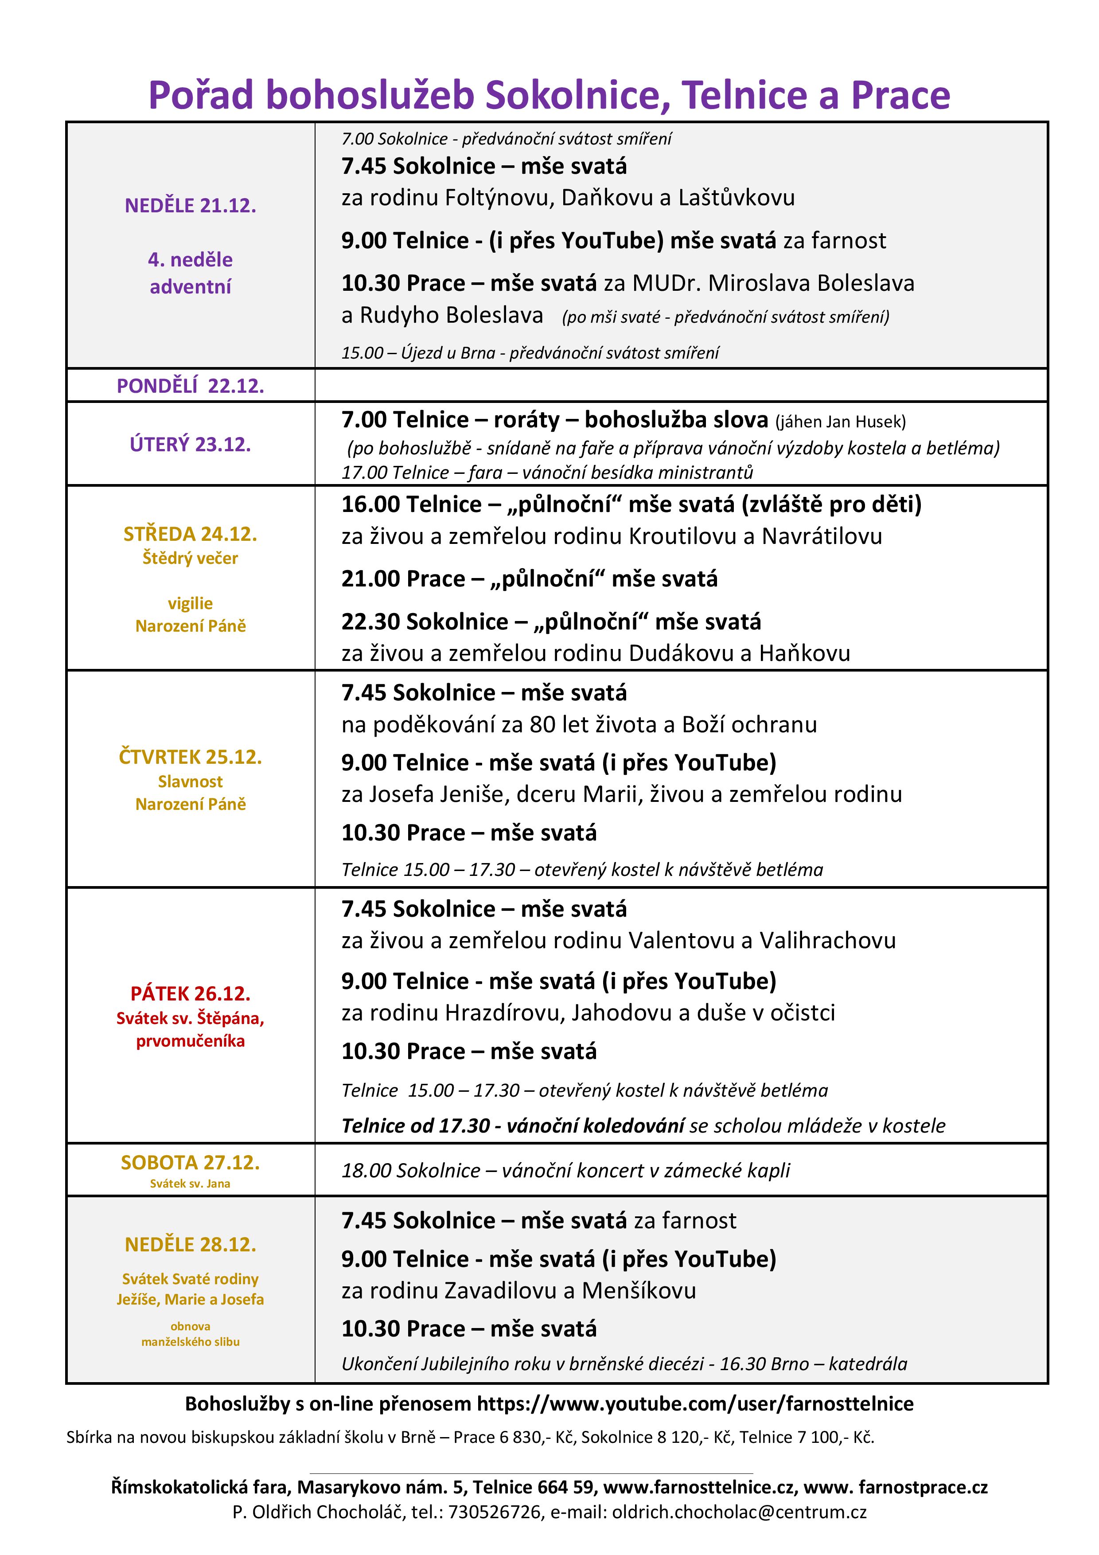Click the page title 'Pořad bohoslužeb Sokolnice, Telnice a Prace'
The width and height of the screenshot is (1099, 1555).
[x=549, y=95]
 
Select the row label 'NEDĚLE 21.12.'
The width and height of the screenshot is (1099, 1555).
[x=190, y=206]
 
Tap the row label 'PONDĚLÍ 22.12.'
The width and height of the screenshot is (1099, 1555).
[x=190, y=386]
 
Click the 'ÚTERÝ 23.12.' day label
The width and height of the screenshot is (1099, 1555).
[x=190, y=444]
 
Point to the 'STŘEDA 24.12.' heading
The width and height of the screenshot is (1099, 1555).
[x=190, y=534]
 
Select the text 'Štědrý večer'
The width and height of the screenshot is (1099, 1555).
[x=190, y=559]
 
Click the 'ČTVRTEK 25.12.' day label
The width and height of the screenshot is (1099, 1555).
[x=190, y=757]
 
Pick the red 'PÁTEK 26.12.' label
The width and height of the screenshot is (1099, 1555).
[x=190, y=993]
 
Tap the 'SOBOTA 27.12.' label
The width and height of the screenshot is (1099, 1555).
[x=190, y=1163]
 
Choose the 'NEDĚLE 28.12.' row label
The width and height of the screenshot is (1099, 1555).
[x=190, y=1245]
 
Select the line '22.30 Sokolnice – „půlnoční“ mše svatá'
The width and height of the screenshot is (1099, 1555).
[x=550, y=622]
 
